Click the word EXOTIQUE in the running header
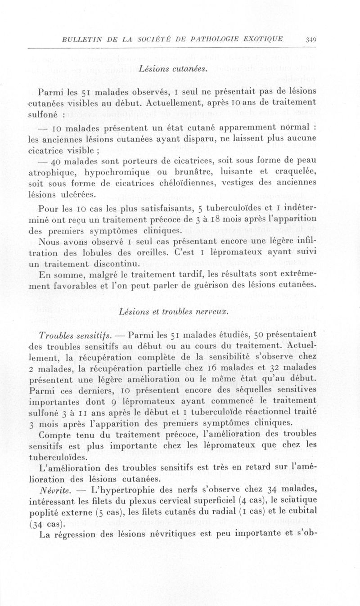click(x=261, y=39)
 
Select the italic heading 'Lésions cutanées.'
click(x=173, y=69)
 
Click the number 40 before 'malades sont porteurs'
click(x=56, y=161)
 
